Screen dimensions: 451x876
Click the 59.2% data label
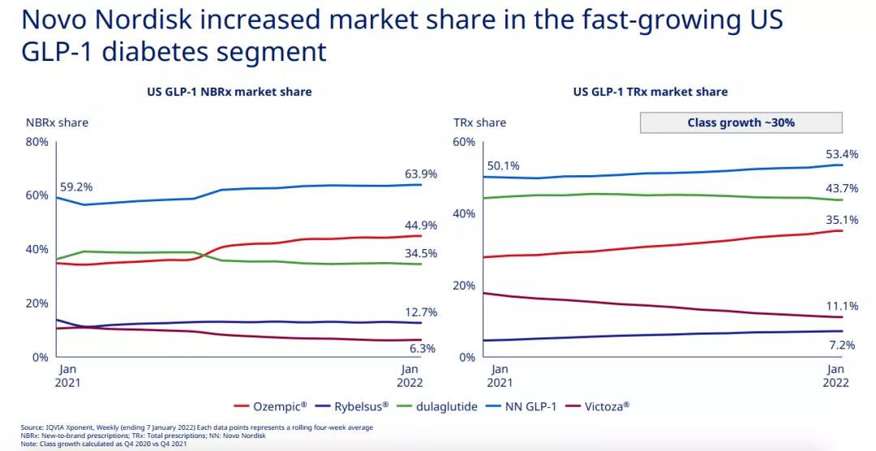pos(76,187)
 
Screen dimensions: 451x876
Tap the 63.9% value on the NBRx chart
pos(421,174)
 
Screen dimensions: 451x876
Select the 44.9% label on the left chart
pos(421,225)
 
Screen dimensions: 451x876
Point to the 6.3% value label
pos(421,349)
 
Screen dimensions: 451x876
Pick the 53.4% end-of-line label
pos(841,153)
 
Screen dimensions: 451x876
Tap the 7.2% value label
pos(841,346)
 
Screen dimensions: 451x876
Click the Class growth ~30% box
pos(741,122)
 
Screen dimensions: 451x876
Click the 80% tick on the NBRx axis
pos(37,142)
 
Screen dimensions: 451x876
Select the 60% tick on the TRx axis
pos(463,142)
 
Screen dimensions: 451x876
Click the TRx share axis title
pos(479,122)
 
